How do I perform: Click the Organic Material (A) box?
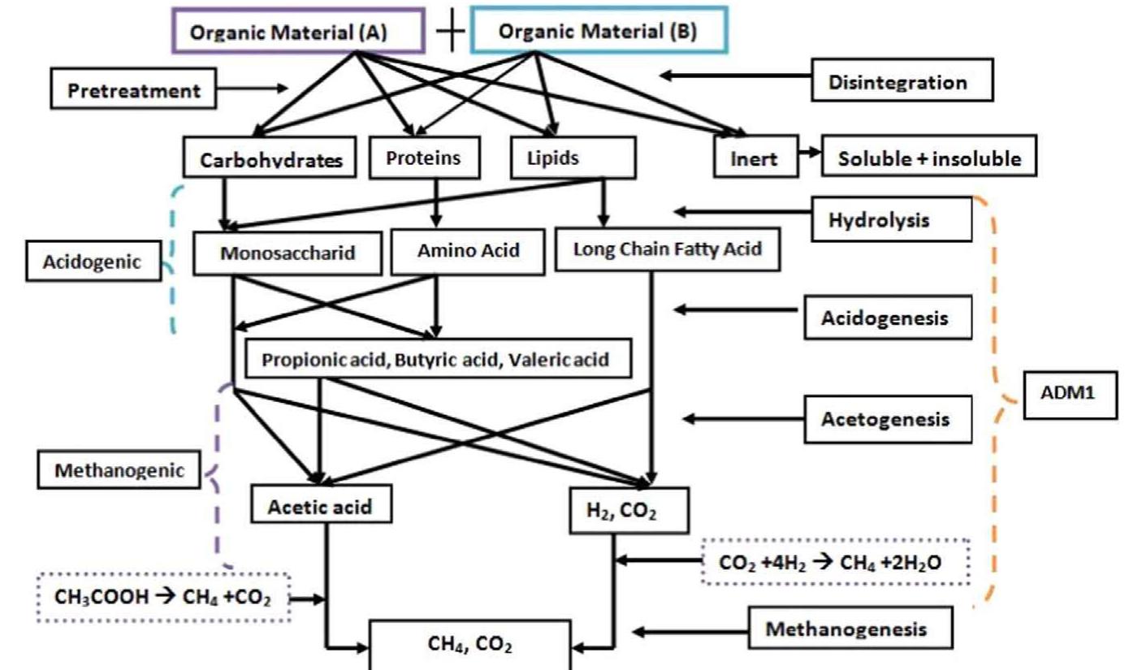(297, 32)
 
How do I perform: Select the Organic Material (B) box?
(599, 32)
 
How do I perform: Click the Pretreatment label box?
(134, 90)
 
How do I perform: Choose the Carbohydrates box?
(271, 159)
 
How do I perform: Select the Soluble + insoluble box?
(929, 158)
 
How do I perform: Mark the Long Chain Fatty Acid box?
(668, 249)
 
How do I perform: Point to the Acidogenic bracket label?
(93, 262)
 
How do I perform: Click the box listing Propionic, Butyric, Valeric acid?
(438, 359)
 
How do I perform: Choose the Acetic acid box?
(322, 506)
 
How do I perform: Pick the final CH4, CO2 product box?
(470, 645)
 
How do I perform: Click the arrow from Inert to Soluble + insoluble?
(809, 153)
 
